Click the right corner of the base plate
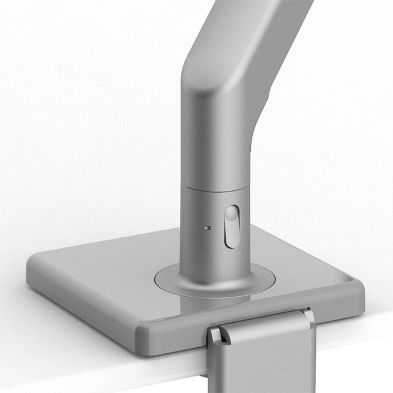click(360, 288)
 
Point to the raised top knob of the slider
click(231, 214)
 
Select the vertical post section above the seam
click(214, 147)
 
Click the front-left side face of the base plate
click(80, 306)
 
